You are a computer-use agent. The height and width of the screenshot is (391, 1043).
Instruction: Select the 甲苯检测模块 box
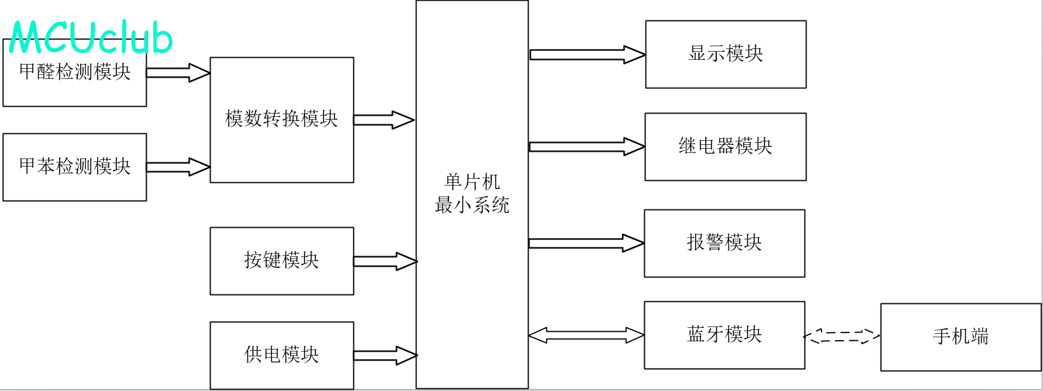75,167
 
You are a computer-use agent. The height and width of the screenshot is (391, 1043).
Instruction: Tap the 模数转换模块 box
281,120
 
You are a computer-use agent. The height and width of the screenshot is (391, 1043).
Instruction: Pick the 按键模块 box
281,260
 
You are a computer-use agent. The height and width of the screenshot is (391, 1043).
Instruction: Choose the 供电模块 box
281,355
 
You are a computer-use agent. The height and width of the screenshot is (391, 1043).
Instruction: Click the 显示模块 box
726,54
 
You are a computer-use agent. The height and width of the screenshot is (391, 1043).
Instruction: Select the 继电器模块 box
725,146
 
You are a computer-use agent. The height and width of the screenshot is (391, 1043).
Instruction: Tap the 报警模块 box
724,243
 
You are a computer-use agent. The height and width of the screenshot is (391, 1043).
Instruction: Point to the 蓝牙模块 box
724,335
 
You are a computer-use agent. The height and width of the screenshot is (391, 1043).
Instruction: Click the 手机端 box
961,337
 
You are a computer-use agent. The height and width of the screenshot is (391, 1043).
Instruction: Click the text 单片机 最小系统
472,194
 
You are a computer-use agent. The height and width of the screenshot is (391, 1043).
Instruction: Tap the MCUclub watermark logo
91,38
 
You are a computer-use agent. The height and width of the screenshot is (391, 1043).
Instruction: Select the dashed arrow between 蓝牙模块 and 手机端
842,335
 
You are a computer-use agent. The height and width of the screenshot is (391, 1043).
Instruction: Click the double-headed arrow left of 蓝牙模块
586,335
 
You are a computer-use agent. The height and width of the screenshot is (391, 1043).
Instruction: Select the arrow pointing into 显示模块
587,54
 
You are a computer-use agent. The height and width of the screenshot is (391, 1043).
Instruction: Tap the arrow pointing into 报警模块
586,243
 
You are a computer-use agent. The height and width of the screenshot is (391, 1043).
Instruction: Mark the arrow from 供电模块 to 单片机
385,356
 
